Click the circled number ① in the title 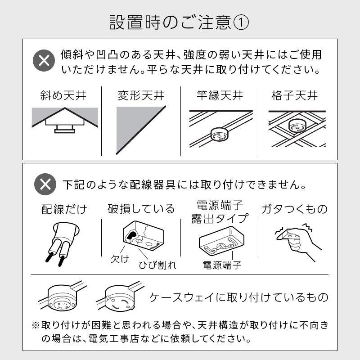coord(241,23)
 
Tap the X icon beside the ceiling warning coord(44,60)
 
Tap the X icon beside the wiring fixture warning coord(45,184)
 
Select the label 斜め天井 coord(63,95)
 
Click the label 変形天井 coord(141,95)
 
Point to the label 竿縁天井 coord(220,95)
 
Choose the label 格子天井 coord(295,95)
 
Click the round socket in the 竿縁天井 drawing coord(220,135)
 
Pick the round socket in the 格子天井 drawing coord(297,126)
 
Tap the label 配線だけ coord(64,209)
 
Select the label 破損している coord(141,209)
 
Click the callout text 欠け coord(120,259)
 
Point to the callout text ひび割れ coord(157,265)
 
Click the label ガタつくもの coord(295,209)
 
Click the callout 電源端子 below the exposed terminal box coord(222,265)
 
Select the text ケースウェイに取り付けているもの coord(239,297)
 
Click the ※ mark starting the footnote coord(36,325)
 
